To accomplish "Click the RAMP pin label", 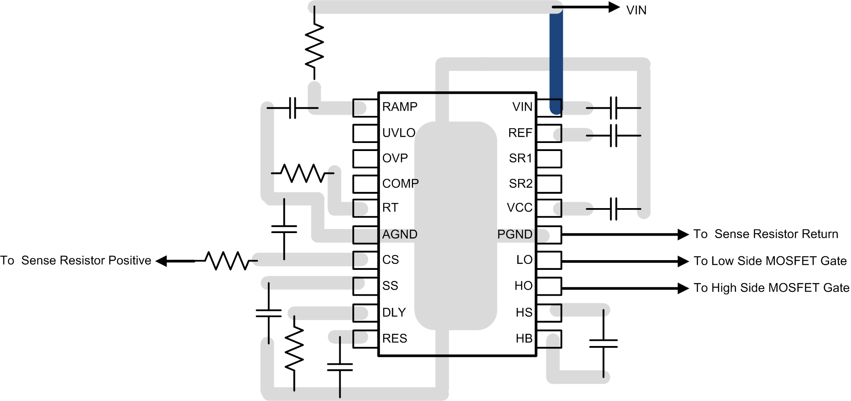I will pyautogui.click(x=399, y=107).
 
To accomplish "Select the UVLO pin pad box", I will pyautogui.click(x=365, y=133).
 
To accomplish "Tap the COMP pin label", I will pyautogui.click(x=400, y=184).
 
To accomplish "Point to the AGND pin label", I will pyautogui.click(x=399, y=234).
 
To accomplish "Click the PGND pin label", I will pyautogui.click(x=515, y=234).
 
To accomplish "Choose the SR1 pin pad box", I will pyautogui.click(x=549, y=159).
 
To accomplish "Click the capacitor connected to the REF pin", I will pyautogui.click(x=614, y=135).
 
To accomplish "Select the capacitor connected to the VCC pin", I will pyautogui.click(x=614, y=209).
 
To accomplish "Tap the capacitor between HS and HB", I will pyautogui.click(x=603, y=343).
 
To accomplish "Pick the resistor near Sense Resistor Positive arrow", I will pyautogui.click(x=228, y=261).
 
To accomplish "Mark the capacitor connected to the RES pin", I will pyautogui.click(x=340, y=367).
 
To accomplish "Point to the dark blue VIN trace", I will pyautogui.click(x=556, y=59).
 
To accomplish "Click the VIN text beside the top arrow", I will pyautogui.click(x=636, y=10).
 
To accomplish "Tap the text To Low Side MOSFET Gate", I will pyautogui.click(x=770, y=261).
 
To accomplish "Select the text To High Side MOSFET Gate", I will pyautogui.click(x=771, y=288).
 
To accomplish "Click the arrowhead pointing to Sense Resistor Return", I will pyautogui.click(x=683, y=234).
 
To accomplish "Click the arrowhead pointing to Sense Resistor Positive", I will pyautogui.click(x=161, y=261).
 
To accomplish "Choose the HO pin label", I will pyautogui.click(x=523, y=286).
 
